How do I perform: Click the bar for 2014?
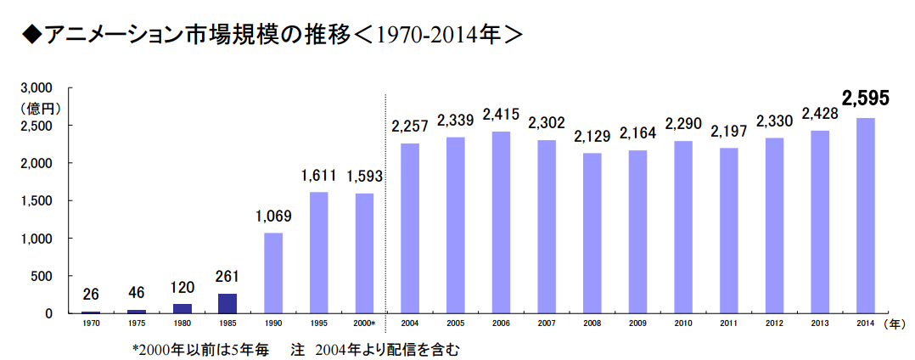pyautogui.click(x=865, y=216)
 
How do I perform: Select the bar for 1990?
pyautogui.click(x=273, y=273)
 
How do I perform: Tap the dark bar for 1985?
pyautogui.click(x=227, y=303)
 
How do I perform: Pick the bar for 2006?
pyautogui.click(x=501, y=222)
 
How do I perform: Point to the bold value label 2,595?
pyautogui.click(x=865, y=99)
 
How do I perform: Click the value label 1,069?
pyautogui.click(x=273, y=217)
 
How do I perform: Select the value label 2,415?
pyautogui.click(x=501, y=115)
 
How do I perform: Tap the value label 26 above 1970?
pyautogui.click(x=91, y=295)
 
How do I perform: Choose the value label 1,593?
pyautogui.click(x=365, y=177)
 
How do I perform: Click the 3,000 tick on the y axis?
pyautogui.click(x=37, y=87)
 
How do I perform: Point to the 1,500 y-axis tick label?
pyautogui.click(x=37, y=200)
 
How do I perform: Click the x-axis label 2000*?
pyautogui.click(x=365, y=324)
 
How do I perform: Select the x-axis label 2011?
pyautogui.click(x=728, y=324)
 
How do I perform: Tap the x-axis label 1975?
pyautogui.click(x=137, y=324)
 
